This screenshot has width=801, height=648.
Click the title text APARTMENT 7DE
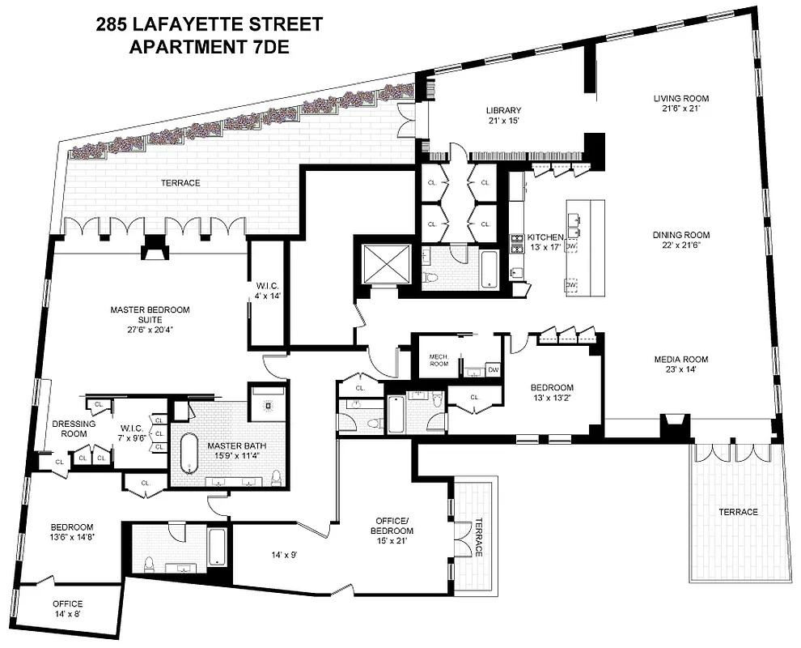pos(209,47)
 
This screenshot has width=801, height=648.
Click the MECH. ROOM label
pos(439,360)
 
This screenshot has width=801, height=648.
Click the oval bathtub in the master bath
pos(189,453)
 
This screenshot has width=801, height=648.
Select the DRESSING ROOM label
pos(74,428)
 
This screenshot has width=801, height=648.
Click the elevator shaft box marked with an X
pos(384,263)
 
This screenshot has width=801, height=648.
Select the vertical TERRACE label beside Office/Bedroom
pos(479,536)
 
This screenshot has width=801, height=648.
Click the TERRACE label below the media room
pos(737,512)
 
